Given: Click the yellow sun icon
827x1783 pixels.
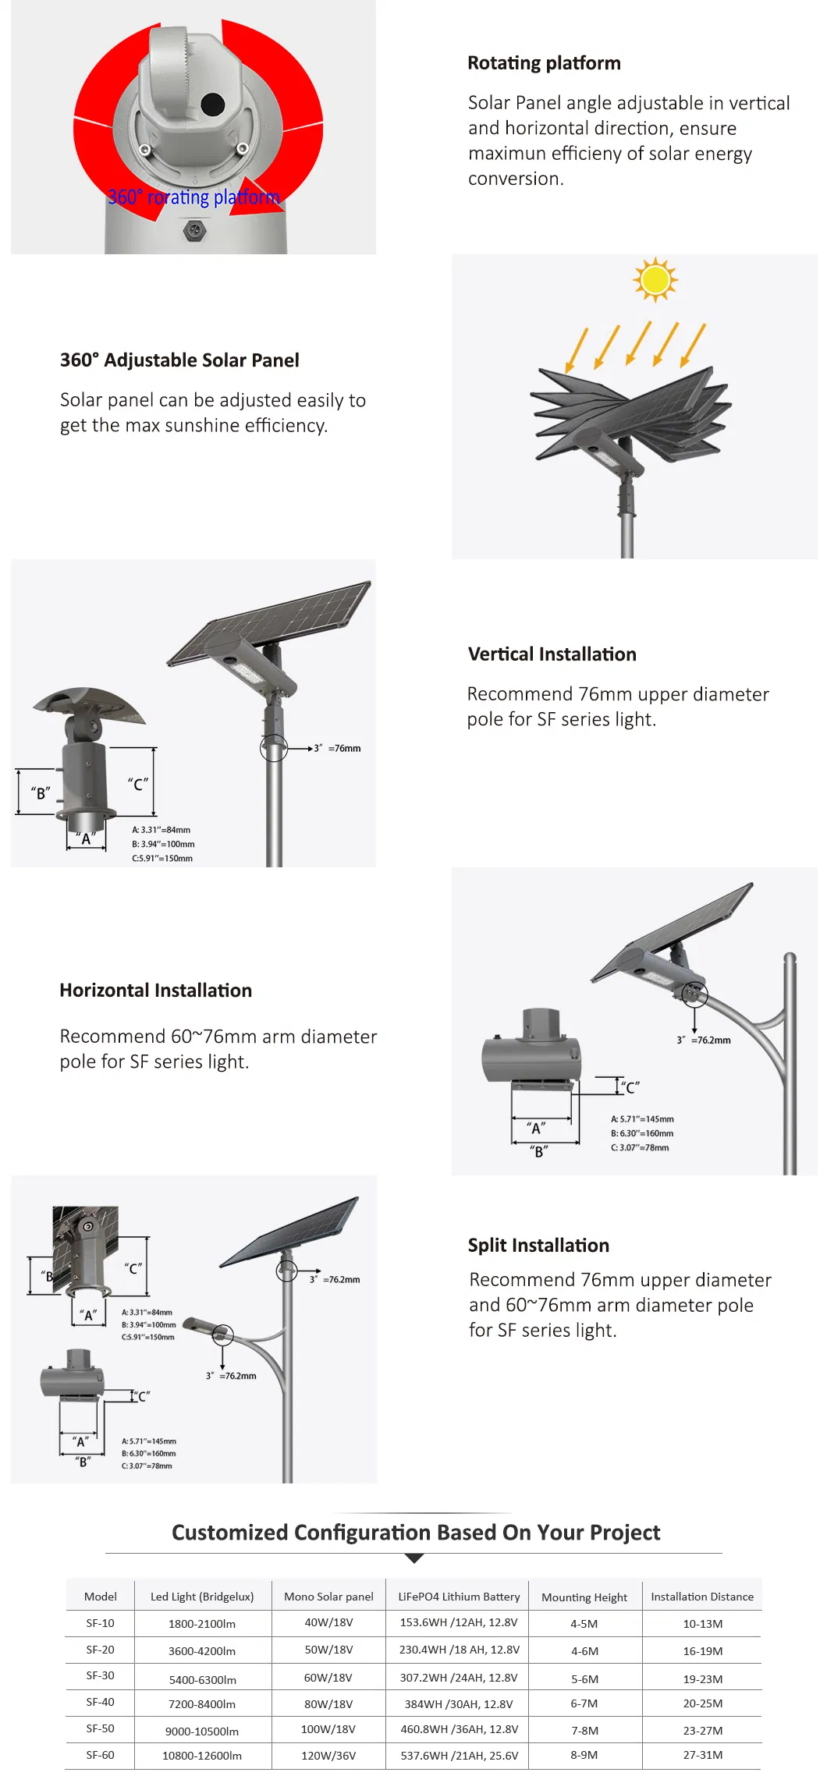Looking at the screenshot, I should click(x=655, y=278).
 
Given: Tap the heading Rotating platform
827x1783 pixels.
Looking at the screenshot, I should click(x=544, y=63).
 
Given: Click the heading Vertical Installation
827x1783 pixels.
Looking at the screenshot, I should click(x=552, y=654).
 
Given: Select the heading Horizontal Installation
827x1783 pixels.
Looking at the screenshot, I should click(x=155, y=991).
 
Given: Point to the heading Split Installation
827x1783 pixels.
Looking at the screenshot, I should click(x=538, y=1246).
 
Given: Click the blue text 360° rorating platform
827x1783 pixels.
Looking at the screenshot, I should click(x=193, y=197).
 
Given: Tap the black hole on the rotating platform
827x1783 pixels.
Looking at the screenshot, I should click(x=212, y=103).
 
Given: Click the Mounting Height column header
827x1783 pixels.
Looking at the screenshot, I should click(x=584, y=1597).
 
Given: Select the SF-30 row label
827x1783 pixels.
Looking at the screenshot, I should click(x=100, y=1675).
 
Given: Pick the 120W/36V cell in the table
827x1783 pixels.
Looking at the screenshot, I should click(x=328, y=1755).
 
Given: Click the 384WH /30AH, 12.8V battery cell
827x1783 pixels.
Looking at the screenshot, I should click(x=459, y=1704).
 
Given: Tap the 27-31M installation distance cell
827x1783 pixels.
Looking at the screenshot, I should click(x=702, y=1755).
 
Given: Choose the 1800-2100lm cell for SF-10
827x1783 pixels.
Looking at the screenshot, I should click(x=201, y=1623).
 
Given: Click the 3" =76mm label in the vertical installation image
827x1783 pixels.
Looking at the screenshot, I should click(x=338, y=749).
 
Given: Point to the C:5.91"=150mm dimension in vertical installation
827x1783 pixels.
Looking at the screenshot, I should click(x=162, y=859).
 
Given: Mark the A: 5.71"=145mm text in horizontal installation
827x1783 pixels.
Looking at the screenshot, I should click(x=642, y=1119).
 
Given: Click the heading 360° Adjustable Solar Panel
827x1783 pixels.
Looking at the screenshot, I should click(x=179, y=360).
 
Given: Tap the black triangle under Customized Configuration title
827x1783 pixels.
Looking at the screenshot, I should click(x=414, y=1558).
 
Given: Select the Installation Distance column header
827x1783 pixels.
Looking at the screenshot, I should click(x=701, y=1597).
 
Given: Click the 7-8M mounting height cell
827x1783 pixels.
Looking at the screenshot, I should click(x=584, y=1730).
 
